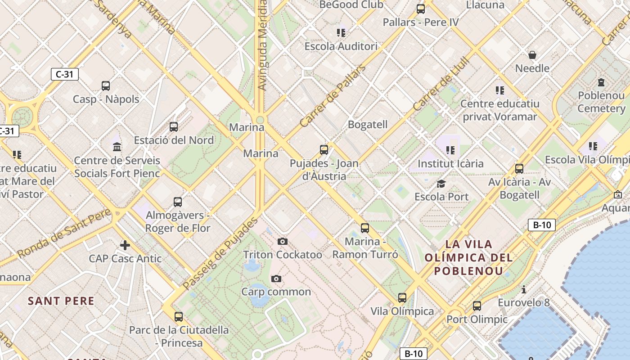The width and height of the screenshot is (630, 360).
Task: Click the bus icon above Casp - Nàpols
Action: pyautogui.click(x=106, y=85)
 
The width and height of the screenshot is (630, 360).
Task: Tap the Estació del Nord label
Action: pyautogui.click(x=174, y=140)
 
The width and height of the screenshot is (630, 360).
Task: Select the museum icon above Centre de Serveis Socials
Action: pyautogui.click(x=117, y=146)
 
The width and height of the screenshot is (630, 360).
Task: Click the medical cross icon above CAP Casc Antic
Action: pyautogui.click(x=125, y=245)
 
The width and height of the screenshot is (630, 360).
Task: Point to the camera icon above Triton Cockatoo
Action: pyautogui.click(x=283, y=242)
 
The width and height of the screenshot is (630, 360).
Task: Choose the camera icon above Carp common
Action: pyautogui.click(x=276, y=279)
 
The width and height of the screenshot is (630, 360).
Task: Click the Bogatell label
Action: pyautogui.click(x=368, y=125)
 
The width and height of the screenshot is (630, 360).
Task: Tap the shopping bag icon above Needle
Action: pyautogui.click(x=532, y=55)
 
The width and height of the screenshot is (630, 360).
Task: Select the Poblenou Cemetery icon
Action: pyautogui.click(x=601, y=82)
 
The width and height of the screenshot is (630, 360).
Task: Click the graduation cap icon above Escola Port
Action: pyautogui.click(x=441, y=184)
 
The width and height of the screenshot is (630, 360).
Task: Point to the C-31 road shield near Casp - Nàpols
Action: pyautogui.click(x=65, y=74)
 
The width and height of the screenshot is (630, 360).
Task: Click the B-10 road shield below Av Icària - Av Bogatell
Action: pyautogui.click(x=542, y=225)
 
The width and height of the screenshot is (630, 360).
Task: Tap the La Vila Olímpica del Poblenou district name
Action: pyautogui.click(x=468, y=258)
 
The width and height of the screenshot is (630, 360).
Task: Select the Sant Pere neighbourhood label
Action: pyautogui.click(x=61, y=301)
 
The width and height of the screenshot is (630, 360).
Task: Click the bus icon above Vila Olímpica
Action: pyautogui.click(x=402, y=297)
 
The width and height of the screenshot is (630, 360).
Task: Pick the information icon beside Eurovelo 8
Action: pyautogui.click(x=523, y=289)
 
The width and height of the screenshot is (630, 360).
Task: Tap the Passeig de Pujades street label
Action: pyautogui.click(x=220, y=254)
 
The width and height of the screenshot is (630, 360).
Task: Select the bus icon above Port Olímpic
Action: pyautogui.click(x=477, y=306)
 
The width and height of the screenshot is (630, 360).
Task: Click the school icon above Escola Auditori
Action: pyautogui.click(x=341, y=32)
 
